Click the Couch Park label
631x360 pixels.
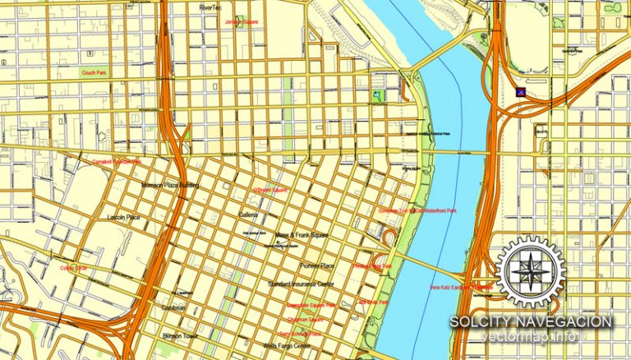pyautogui.click(x=94, y=72)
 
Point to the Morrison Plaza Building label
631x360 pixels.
pyautogui.click(x=171, y=186)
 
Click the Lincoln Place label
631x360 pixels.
pyautogui.click(x=124, y=217)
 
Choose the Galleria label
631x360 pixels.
pyautogui.click(x=248, y=215)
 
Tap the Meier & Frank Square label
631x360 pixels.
pyautogui.click(x=302, y=235)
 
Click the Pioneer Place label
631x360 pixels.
pyautogui.click(x=316, y=266)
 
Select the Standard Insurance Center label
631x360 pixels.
pyautogui.click(x=302, y=284)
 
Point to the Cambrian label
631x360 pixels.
pyautogui.click(x=175, y=308)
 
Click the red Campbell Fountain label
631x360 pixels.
pyautogui.click(x=116, y=161)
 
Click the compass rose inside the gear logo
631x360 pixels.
pyautogui.click(x=530, y=270)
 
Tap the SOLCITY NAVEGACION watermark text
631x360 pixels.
pyautogui.click(x=530, y=321)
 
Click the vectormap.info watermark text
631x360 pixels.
pyautogui.click(x=530, y=337)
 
